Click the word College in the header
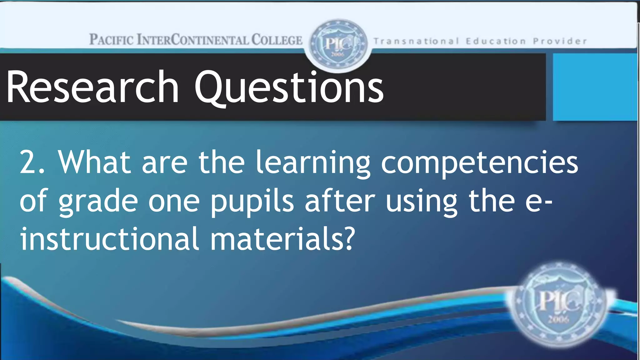coord(277,40)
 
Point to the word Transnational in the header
coord(416,41)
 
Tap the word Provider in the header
coord(560,41)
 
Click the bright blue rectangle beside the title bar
coord(595,87)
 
